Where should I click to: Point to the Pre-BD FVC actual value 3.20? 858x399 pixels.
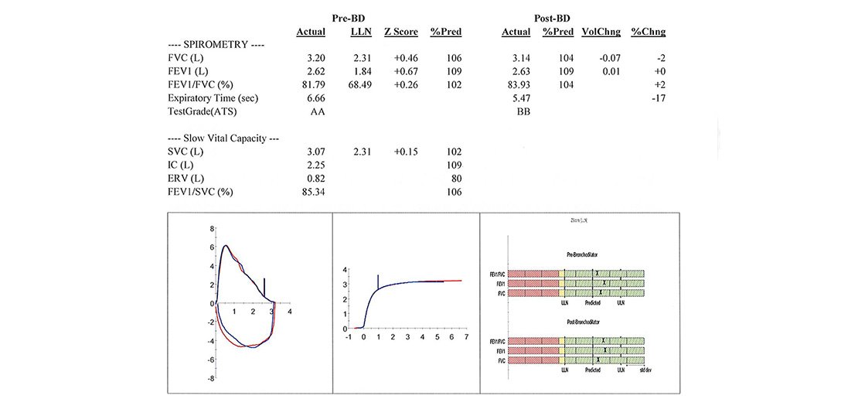tap(312, 58)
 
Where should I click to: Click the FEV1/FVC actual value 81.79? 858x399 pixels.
tap(309, 84)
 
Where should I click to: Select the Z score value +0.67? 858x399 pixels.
tap(405, 71)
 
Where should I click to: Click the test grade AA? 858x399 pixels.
tap(312, 111)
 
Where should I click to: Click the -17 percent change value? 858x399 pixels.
tap(658, 98)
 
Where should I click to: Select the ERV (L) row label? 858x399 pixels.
tap(187, 179)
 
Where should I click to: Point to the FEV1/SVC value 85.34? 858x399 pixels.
tap(309, 192)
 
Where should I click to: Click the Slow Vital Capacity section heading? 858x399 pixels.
tap(223, 138)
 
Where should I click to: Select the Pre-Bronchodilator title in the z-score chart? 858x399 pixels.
tap(588, 254)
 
